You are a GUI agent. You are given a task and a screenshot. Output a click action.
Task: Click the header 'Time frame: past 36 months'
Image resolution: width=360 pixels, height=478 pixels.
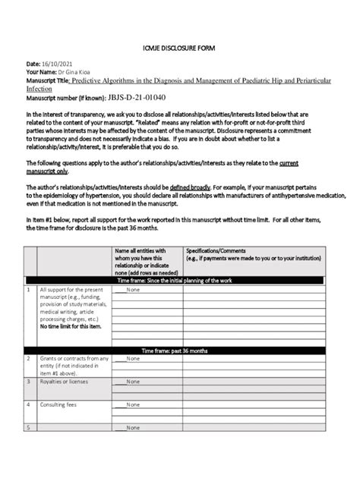(x=179, y=351)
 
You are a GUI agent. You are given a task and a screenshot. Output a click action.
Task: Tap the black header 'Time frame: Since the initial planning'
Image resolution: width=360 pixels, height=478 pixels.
(x=179, y=280)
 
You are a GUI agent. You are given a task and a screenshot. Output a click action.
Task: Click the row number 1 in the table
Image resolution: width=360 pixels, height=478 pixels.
(x=29, y=290)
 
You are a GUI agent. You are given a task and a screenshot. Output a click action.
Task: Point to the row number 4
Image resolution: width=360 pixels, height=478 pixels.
(x=29, y=404)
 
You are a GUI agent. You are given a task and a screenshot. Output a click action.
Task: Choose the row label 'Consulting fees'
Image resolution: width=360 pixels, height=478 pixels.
(x=59, y=404)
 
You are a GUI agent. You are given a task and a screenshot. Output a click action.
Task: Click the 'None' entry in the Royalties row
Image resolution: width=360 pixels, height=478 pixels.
(x=133, y=382)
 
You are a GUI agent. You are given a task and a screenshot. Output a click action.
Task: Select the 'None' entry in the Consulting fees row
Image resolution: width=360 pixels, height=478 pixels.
(x=133, y=404)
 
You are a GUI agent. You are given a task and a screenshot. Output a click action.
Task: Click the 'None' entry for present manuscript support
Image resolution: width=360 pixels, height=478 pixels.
(x=133, y=290)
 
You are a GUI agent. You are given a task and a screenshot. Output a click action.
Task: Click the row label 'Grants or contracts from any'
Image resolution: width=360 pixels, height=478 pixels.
(x=74, y=359)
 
